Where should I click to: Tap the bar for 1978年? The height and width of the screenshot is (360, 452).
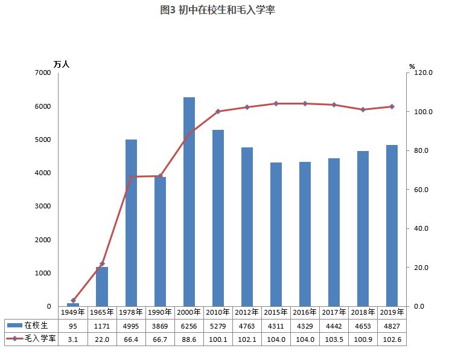tap(131, 223)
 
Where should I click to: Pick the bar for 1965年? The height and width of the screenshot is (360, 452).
tap(102, 286)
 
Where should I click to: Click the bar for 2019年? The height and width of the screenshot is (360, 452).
tap(392, 225)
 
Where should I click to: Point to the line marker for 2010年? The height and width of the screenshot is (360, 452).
tap(218, 111)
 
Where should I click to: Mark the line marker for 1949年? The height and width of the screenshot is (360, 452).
tap(73, 300)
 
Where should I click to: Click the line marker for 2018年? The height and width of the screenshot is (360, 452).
tap(363, 109)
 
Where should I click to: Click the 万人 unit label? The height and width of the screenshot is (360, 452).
tap(62, 64)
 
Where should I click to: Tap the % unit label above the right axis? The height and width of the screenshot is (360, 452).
tap(412, 66)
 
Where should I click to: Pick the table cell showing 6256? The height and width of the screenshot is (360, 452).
tap(189, 326)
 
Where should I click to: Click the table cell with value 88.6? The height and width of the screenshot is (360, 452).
tap(189, 339)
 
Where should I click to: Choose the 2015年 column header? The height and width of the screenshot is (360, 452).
tap(276, 312)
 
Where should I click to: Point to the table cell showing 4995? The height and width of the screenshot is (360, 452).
tap(131, 326)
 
